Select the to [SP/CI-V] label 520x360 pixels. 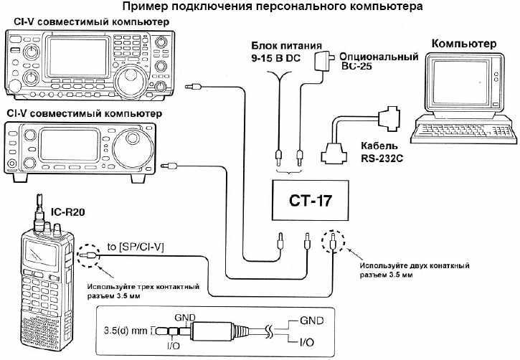pyautogui.click(x=136, y=247)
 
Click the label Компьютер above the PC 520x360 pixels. pyautogui.click(x=463, y=44)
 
